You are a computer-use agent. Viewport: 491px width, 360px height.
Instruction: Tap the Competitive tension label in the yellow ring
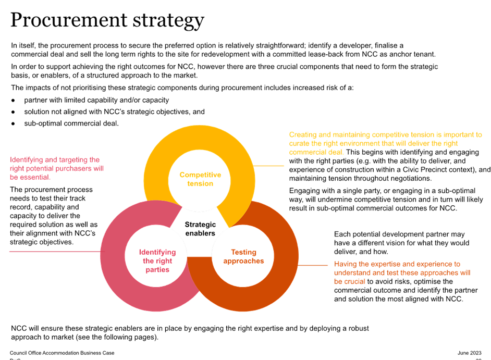click(x=200, y=179)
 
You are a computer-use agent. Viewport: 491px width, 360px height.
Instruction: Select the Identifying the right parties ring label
click(x=157, y=261)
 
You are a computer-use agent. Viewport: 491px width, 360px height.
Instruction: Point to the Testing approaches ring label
click(x=243, y=256)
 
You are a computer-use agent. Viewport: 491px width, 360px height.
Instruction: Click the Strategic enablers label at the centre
click(x=200, y=228)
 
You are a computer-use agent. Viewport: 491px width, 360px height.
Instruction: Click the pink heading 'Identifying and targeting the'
click(x=55, y=160)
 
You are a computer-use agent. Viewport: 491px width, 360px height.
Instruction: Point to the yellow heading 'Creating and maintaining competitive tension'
click(x=385, y=134)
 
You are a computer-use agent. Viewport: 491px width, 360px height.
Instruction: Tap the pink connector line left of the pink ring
click(x=55, y=252)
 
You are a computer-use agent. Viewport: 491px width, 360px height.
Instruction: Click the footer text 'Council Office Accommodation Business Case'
click(x=63, y=353)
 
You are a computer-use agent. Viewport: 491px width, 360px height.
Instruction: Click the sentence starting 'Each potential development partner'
click(x=399, y=234)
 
